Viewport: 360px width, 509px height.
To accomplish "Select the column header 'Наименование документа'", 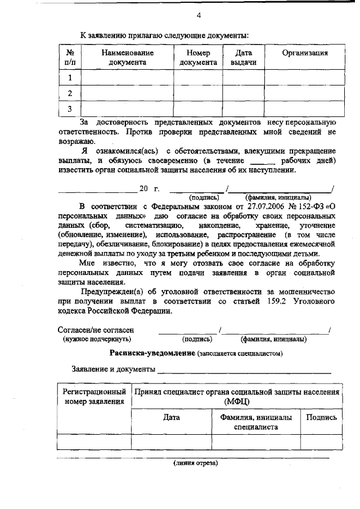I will point(127,57).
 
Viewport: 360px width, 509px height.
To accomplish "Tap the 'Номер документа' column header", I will point(198,57).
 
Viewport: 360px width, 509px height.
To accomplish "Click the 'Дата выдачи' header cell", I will point(244,57).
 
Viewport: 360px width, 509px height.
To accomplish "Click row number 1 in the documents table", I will point(70,78).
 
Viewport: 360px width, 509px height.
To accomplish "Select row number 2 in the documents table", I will point(70,93).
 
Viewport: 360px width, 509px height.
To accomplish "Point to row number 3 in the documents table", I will point(70,109).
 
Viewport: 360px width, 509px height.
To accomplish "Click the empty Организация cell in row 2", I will point(304,93).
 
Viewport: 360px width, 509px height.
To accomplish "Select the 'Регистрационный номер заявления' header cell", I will point(94,396).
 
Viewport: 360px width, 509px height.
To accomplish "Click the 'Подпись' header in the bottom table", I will point(321,417).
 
